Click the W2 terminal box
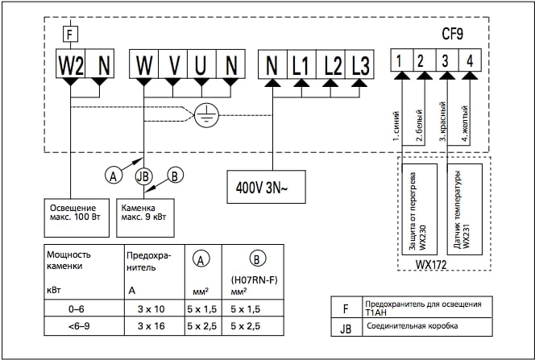click(71, 63)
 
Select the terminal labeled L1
click(301, 64)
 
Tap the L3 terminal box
click(360, 64)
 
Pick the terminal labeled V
click(172, 64)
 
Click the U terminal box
click(201, 64)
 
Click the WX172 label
click(432, 263)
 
